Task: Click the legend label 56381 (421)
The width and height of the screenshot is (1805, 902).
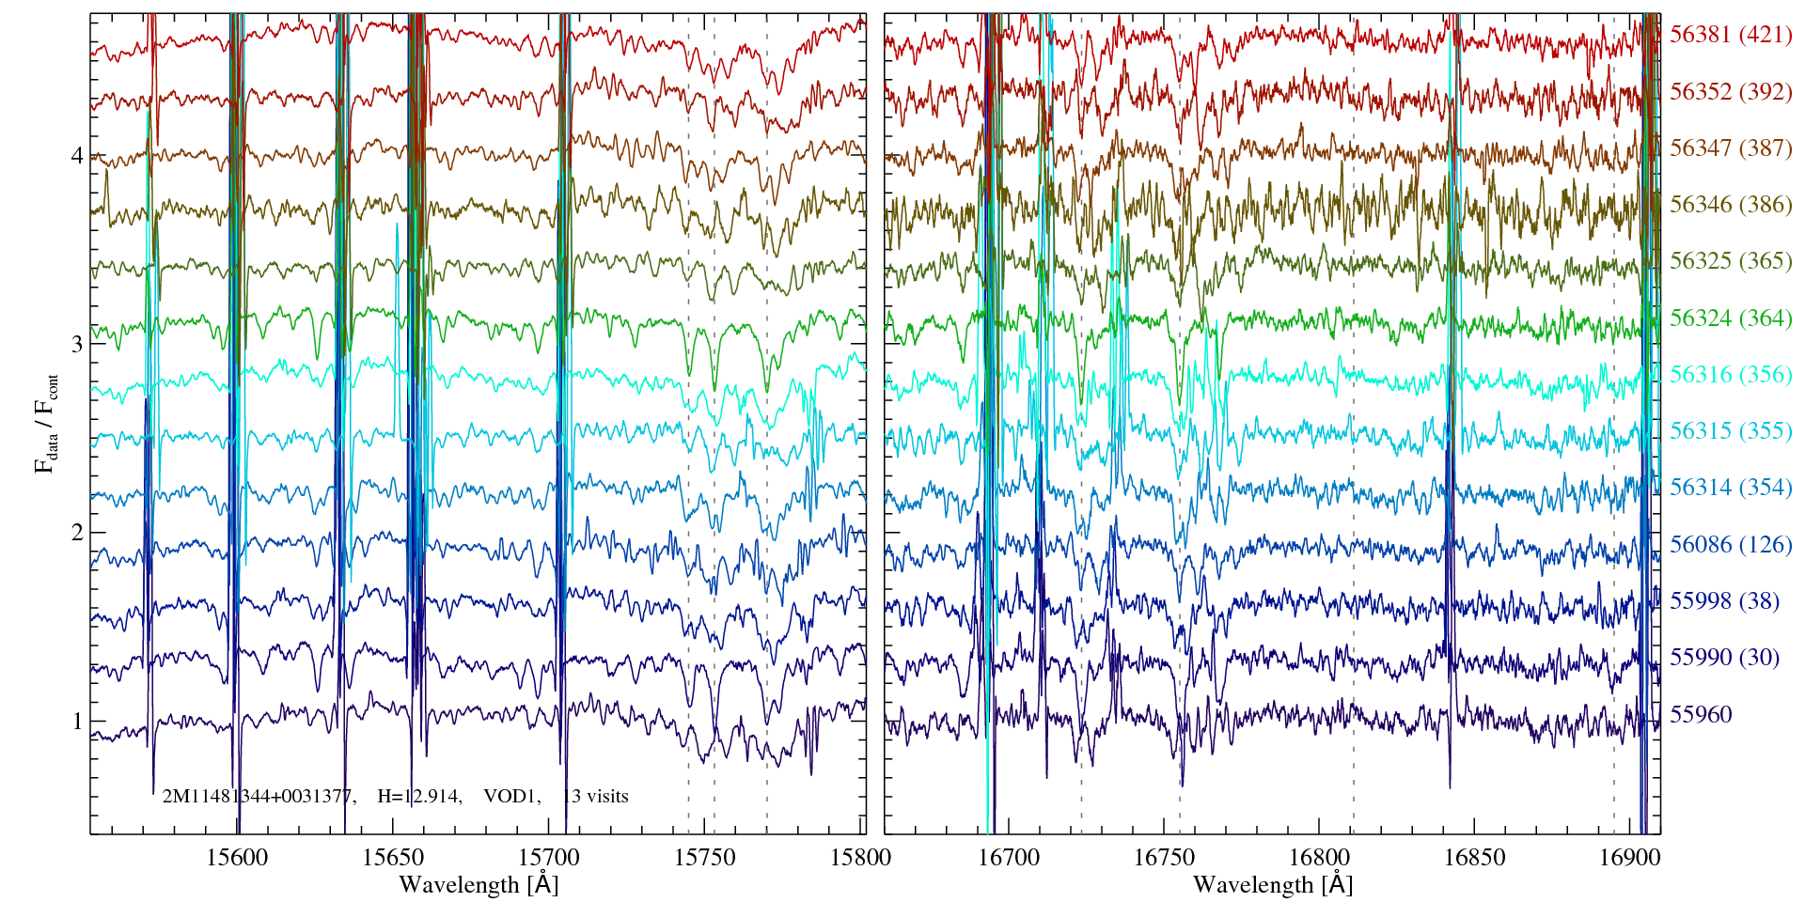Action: (x=1731, y=35)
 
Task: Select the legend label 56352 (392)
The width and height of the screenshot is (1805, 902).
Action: (x=1731, y=91)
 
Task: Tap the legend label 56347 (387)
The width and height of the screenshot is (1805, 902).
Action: (x=1731, y=148)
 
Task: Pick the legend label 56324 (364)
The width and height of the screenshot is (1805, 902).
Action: (x=1731, y=318)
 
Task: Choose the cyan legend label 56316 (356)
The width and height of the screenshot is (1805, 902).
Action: (x=1731, y=374)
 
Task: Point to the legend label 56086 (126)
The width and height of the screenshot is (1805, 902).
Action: (x=1731, y=544)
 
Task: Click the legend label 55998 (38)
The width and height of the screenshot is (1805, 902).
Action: (x=1724, y=600)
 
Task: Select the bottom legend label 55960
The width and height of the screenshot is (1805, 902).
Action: (x=1701, y=714)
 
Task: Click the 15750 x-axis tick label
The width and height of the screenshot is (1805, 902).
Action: (x=706, y=857)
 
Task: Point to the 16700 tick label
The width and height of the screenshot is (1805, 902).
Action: (x=1009, y=857)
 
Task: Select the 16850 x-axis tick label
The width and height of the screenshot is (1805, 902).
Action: (x=1473, y=857)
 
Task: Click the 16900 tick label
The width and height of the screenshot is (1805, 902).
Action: (x=1627, y=857)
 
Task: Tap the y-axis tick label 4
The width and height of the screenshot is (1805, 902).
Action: (x=77, y=155)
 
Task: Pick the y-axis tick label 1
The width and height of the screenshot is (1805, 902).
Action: (x=77, y=722)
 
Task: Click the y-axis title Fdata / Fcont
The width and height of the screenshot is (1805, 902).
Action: (x=46, y=423)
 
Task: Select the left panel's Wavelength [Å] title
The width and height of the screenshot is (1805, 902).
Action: (x=478, y=884)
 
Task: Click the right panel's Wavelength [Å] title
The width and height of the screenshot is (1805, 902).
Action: (x=1272, y=884)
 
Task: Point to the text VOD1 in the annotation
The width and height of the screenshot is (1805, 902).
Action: (x=511, y=797)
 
